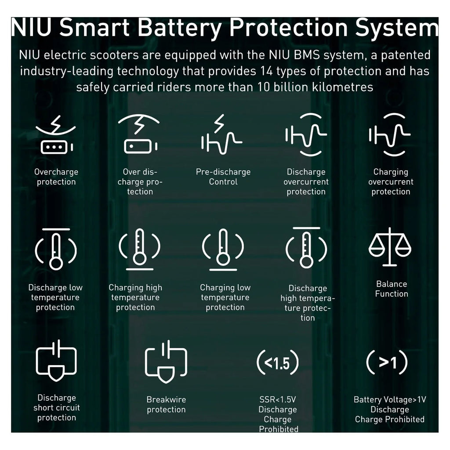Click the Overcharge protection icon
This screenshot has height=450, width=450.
coord(56,135)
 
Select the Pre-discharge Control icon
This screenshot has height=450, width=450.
coord(221,134)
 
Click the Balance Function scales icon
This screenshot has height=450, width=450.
coord(390,247)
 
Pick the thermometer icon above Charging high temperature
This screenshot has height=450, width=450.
coord(139,249)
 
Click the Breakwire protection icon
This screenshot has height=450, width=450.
coord(166,362)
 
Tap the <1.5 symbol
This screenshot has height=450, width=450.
coord(278,363)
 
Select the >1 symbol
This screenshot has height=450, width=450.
coord(387,362)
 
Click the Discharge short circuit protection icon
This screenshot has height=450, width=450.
coord(56,360)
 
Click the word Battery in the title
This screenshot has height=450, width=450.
coord(180,28)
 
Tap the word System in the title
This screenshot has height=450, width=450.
coord(397,28)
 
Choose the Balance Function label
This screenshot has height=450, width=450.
coord(392,289)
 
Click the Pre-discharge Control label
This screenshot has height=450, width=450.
coord(223,177)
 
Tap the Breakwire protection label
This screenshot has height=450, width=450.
coord(166,404)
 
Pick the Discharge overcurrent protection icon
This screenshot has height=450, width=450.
coord(306,134)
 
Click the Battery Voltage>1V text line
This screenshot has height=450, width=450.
coord(390,399)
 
